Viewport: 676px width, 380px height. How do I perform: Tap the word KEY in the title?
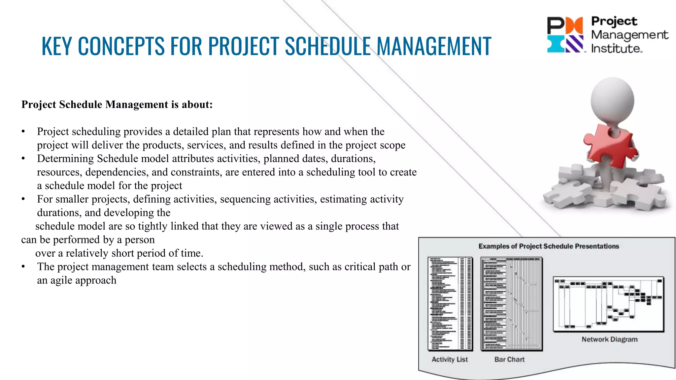point(57,46)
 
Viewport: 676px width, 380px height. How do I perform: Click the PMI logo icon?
point(565,35)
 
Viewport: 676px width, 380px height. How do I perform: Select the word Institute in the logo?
point(616,49)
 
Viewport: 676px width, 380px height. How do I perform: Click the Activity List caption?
point(450,360)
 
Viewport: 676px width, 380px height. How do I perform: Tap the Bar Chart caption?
point(509,360)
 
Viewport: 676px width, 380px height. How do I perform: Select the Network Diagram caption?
point(609,339)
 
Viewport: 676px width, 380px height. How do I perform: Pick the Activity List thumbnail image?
point(450,303)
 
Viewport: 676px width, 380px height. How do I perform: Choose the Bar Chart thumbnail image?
point(511,303)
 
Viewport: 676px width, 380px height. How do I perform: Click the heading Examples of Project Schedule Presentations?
point(549,246)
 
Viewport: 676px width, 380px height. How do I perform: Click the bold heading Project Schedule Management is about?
point(117,105)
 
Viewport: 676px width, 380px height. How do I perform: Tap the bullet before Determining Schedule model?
point(23,159)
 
